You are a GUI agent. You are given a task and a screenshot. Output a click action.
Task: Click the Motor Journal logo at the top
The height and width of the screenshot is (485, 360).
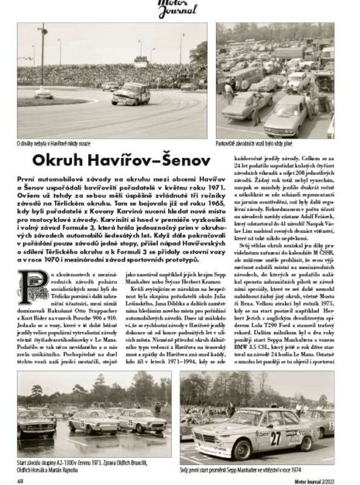coord(180,7)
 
